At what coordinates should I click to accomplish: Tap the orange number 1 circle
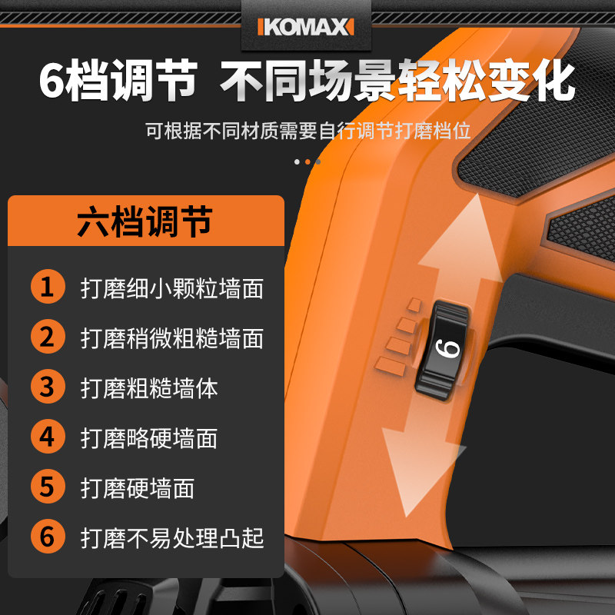click(x=48, y=288)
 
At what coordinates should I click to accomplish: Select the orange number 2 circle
click(x=48, y=338)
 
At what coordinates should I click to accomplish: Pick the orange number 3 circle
click(x=48, y=387)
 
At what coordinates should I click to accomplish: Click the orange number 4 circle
click(x=48, y=437)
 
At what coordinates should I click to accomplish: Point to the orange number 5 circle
click(x=48, y=487)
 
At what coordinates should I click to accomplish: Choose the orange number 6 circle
click(x=48, y=537)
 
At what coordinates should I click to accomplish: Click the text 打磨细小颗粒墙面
click(x=172, y=289)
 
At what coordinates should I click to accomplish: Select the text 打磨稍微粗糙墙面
click(x=172, y=338)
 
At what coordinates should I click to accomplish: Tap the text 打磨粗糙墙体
click(x=149, y=388)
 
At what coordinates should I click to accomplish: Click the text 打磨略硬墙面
click(x=149, y=438)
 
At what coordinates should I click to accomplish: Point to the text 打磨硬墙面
click(x=138, y=488)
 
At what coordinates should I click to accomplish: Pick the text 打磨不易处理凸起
click(x=172, y=537)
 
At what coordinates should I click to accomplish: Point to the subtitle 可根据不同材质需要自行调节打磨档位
click(x=307, y=130)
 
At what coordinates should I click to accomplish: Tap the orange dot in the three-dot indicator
click(x=307, y=161)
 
